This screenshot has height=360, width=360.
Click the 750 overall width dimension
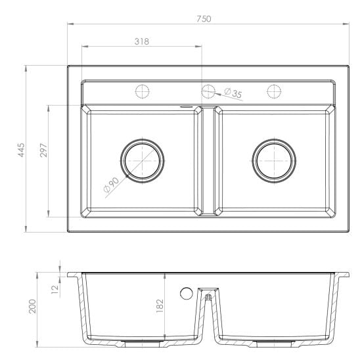[204, 19]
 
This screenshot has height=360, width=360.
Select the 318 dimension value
[142, 41]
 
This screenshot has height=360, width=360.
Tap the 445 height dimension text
[22, 150]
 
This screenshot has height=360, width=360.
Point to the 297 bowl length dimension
[43, 150]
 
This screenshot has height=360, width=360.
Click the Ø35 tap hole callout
[233, 93]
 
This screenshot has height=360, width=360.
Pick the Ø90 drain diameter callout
[111, 185]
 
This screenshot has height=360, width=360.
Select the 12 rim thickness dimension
[55, 290]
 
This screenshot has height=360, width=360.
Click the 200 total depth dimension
[32, 306]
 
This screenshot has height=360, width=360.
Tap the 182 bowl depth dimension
[160, 305]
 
